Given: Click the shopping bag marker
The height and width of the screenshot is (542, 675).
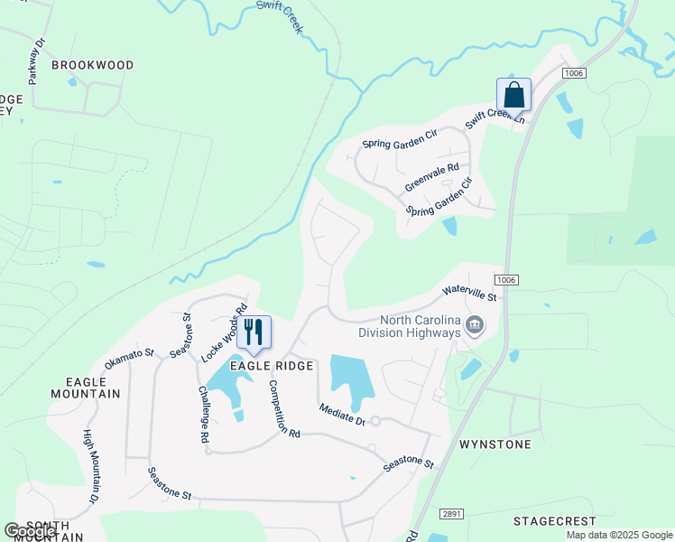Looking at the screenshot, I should click(x=513, y=94).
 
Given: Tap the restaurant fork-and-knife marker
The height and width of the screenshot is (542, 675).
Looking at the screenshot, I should click(x=254, y=332).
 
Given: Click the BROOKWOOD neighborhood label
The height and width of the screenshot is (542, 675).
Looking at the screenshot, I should click(x=92, y=65).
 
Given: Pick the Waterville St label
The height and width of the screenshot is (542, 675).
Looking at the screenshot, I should click(x=469, y=293).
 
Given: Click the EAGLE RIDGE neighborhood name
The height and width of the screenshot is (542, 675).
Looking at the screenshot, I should click(x=271, y=366).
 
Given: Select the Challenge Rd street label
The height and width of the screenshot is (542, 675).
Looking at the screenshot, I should click(x=204, y=414).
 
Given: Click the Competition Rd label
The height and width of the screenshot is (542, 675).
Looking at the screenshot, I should click(x=283, y=408).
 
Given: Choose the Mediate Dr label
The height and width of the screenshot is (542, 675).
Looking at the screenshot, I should click(x=341, y=415).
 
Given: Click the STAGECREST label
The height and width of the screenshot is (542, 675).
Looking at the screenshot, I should click(x=554, y=521).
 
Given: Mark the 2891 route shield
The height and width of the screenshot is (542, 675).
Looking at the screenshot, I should click(x=451, y=513).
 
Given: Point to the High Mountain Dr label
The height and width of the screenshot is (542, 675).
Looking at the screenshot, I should click(x=91, y=466).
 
